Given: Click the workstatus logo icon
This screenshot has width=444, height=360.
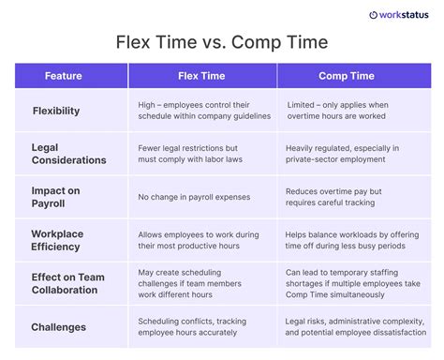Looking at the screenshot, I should point(374,15).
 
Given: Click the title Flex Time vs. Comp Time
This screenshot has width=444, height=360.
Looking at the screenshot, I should point(222,43).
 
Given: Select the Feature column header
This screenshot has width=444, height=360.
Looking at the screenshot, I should point(64,76).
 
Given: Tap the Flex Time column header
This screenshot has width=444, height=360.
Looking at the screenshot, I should point(200,76).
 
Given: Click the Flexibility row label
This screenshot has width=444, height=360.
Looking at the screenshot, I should point(56,111).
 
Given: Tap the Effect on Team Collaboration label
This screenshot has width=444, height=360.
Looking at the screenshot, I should point(68,283).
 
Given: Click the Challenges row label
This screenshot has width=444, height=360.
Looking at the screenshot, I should point(59,327).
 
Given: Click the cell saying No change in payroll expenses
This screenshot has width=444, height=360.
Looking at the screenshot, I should point(195,198).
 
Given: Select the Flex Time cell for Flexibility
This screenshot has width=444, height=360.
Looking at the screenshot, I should point(202,111).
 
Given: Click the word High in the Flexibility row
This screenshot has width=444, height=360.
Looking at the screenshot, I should point(147,104).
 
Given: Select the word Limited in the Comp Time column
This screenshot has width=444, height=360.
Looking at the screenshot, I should point(303,104).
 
